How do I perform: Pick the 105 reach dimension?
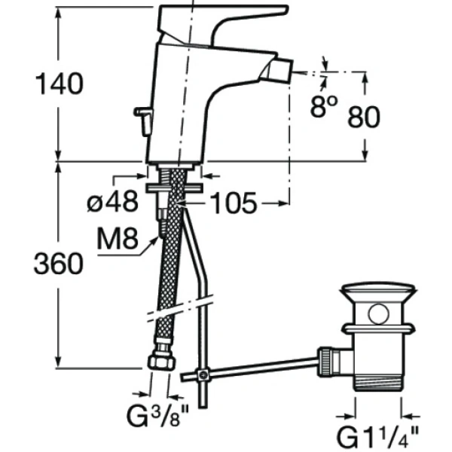pos(233,202)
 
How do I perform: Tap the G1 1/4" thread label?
pos(381,436)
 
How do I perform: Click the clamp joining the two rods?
pos(201,374)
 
